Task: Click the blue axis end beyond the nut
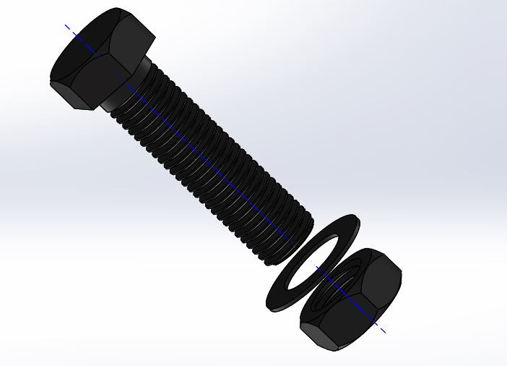384,333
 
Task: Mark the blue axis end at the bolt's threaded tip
288,239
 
